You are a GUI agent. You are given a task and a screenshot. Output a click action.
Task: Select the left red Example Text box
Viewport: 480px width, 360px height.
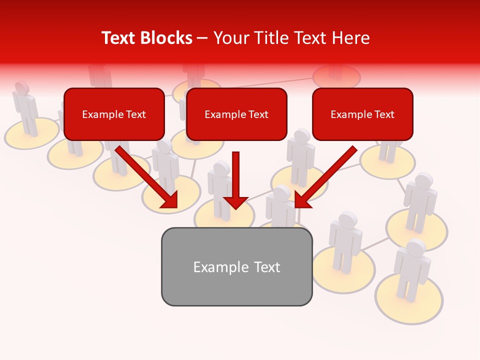(114, 114)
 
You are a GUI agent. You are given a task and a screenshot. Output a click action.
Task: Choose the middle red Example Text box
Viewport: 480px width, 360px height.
(236, 114)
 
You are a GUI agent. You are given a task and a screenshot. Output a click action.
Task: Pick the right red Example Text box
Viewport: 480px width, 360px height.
(362, 114)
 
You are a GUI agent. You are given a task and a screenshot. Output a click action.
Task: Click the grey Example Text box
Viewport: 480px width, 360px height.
(236, 266)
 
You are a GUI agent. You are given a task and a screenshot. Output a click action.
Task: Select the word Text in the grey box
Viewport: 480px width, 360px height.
(266, 266)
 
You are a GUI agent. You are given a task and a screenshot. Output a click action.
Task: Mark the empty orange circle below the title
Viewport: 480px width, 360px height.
(336, 76)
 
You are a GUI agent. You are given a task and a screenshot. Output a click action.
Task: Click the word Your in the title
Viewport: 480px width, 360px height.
(229, 38)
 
